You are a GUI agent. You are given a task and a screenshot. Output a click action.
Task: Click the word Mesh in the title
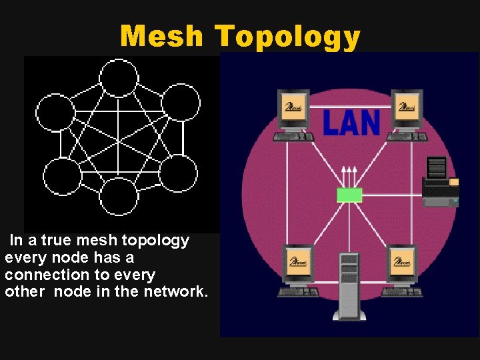[161, 36]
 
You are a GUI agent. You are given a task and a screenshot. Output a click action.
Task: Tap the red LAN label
[351, 123]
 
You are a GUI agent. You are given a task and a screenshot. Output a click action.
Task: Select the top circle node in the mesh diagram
[118, 77]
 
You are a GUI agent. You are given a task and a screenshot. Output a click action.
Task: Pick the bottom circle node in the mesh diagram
[119, 197]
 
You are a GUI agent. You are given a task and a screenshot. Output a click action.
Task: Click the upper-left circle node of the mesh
[55, 112]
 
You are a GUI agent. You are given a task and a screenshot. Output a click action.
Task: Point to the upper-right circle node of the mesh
[181, 102]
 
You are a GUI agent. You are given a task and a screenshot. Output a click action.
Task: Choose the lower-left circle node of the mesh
[62, 176]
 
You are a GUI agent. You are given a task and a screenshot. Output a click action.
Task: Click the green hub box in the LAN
[349, 195]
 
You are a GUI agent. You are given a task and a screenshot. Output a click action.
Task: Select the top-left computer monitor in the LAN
[293, 109]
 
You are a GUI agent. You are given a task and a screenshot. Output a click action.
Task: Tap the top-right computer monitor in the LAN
[406, 109]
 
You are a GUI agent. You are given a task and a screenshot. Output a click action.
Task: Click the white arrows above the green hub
[349, 175]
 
